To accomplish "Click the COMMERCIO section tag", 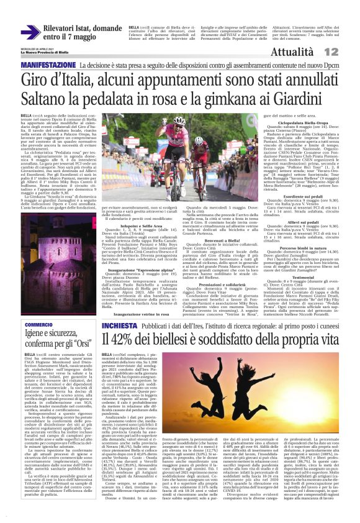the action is click(x=38, y=325).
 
